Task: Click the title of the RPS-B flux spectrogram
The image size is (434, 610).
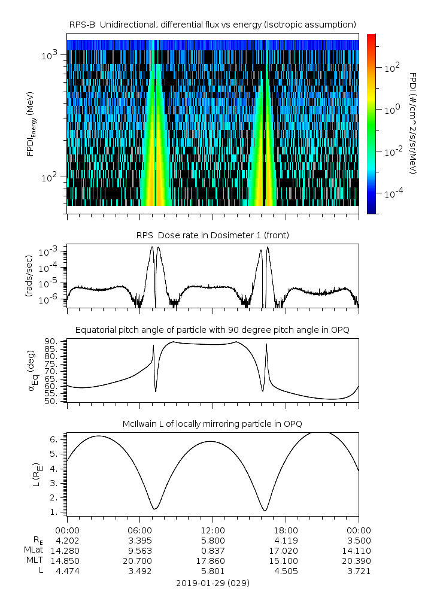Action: pyautogui.click(x=213, y=24)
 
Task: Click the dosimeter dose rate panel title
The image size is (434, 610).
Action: pyautogui.click(x=213, y=235)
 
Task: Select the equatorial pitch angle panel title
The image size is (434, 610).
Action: pyautogui.click(x=213, y=330)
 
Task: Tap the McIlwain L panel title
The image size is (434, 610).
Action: pyautogui.click(x=213, y=424)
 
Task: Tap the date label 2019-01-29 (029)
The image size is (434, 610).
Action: pyautogui.click(x=213, y=582)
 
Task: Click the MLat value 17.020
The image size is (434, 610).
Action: pyautogui.click(x=286, y=550)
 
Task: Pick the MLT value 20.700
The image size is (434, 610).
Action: pyautogui.click(x=139, y=561)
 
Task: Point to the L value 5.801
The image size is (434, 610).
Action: pyautogui.click(x=213, y=571)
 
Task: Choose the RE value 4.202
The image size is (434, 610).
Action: pyautogui.click(x=67, y=540)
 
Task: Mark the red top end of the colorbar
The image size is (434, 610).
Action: pyautogui.click(x=371, y=37)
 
